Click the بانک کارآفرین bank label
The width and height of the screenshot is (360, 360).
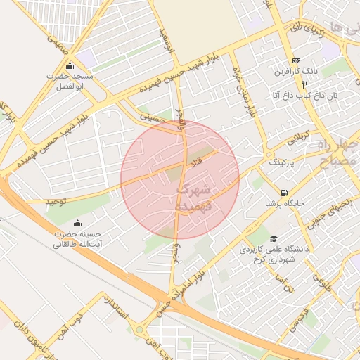pos(301,72)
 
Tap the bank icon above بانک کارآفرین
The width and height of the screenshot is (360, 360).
pos(296,60)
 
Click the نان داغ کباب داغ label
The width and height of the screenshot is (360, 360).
pos(302,94)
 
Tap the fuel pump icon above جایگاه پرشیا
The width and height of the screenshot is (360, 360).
pos(283,192)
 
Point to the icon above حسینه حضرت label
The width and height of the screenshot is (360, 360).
pos(78,223)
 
